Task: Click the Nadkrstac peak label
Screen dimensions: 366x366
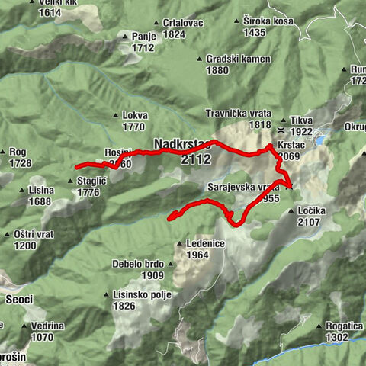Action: pyautogui.click(x=182, y=143)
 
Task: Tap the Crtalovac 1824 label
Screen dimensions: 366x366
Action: pyautogui.click(x=177, y=29)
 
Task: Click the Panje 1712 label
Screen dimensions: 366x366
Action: pyautogui.click(x=143, y=41)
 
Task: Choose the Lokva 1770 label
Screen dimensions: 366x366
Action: pyautogui.click(x=134, y=121)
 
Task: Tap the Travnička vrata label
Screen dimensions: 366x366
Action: pyautogui.click(x=239, y=114)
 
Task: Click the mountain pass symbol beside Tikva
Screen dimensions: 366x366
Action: pyautogui.click(x=284, y=121)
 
